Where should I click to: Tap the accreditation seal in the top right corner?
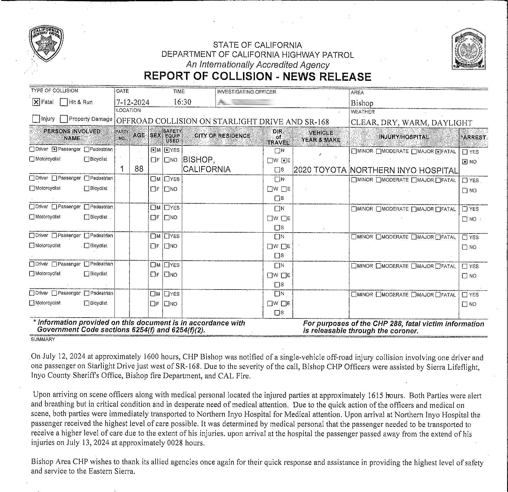click(468, 49)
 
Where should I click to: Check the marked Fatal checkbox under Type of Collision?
click(36, 102)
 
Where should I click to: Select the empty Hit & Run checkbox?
click(63, 102)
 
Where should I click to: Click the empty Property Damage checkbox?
click(63, 119)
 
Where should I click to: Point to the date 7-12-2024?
click(133, 103)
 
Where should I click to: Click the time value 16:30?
click(182, 102)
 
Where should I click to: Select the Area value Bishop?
click(362, 103)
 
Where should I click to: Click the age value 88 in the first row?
click(139, 169)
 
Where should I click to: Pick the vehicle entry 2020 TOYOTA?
click(320, 170)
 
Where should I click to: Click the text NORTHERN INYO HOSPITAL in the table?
click(404, 171)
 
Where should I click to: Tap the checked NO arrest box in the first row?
click(464, 162)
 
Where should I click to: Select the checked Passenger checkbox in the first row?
click(54, 149)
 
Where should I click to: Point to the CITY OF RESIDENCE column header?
click(222, 136)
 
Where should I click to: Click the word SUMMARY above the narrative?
click(43, 339)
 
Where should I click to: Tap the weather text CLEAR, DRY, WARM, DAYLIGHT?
click(411, 123)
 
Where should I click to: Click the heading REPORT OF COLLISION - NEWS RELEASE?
click(257, 77)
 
